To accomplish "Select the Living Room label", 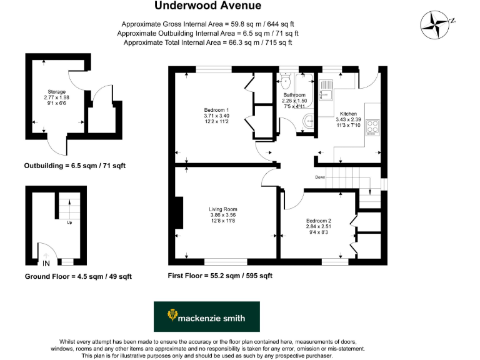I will coord(223,209).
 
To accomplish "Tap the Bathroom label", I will coord(294,95).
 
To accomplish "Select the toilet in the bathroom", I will coord(286,82).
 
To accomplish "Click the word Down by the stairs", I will coord(319,176).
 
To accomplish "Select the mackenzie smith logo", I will coord(206,317).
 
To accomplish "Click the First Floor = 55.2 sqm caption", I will coord(220,276).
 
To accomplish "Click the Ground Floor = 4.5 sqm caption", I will coord(78,276).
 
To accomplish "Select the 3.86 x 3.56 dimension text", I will coord(223,216).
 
